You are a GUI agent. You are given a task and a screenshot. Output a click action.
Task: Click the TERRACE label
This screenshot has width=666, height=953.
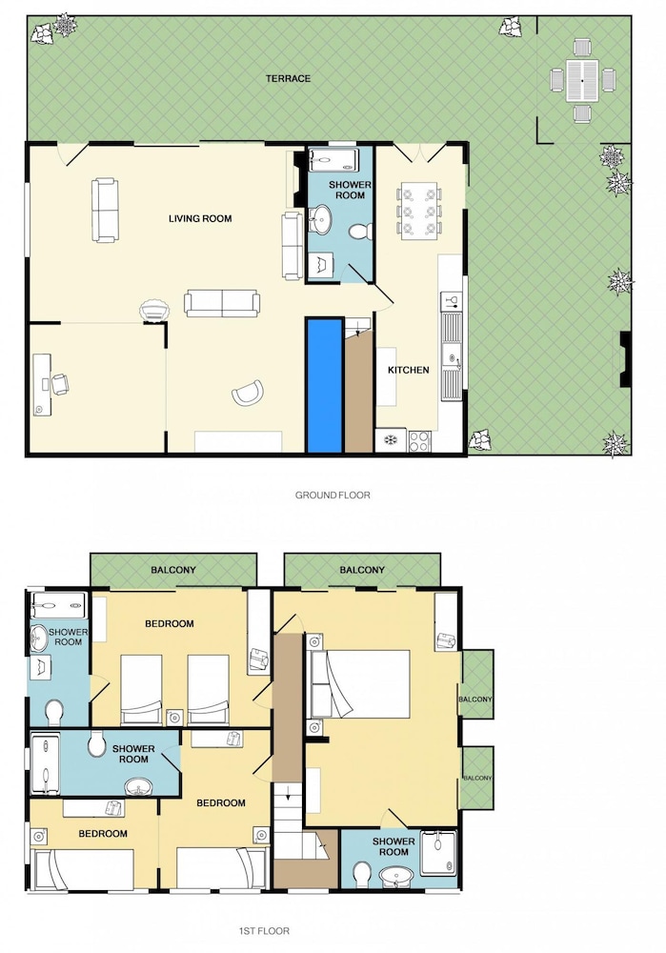tap(288, 78)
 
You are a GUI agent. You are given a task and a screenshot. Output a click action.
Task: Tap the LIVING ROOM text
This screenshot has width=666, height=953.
tap(200, 219)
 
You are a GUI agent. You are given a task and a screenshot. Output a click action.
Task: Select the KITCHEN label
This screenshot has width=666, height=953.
tap(409, 370)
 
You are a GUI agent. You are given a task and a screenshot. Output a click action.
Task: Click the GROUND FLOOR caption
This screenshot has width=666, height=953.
tap(333, 495)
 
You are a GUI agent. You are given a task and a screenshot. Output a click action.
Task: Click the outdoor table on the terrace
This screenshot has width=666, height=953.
tap(582, 80)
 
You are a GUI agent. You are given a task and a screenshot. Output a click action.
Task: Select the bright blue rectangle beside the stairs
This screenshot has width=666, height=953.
tap(324, 385)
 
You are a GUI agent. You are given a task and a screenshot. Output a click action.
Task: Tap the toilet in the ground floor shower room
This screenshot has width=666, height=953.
tap(361, 231)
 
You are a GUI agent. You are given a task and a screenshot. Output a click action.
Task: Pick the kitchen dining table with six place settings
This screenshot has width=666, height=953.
tap(418, 211)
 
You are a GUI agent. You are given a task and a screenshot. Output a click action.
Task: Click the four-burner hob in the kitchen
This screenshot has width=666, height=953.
tap(420, 440)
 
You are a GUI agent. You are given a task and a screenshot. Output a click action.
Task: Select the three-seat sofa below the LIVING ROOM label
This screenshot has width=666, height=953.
tap(222, 303)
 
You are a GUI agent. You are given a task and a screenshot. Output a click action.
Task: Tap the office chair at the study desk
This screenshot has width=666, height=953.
tap(60, 384)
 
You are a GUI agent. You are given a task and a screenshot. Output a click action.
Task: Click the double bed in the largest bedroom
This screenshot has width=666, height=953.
tap(360, 683)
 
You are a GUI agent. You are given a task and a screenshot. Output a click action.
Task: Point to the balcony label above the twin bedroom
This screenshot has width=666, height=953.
tap(173, 570)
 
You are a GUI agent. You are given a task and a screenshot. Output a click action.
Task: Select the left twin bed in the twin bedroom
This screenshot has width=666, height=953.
tap(142, 690)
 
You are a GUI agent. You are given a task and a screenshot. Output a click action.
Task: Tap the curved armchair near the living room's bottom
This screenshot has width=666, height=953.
tap(248, 393)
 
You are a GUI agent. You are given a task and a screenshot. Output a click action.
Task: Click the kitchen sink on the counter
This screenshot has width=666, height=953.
tap(453, 355)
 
